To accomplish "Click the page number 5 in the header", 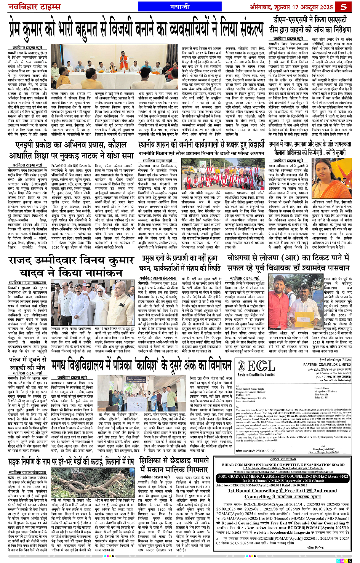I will [x=344, y=7].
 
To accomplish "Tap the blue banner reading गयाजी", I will [x=180, y=7].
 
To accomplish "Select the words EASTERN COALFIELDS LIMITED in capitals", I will [x=327, y=365].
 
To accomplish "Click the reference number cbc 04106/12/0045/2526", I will [x=255, y=451].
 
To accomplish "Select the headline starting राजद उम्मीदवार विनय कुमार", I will [x=71, y=266].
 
